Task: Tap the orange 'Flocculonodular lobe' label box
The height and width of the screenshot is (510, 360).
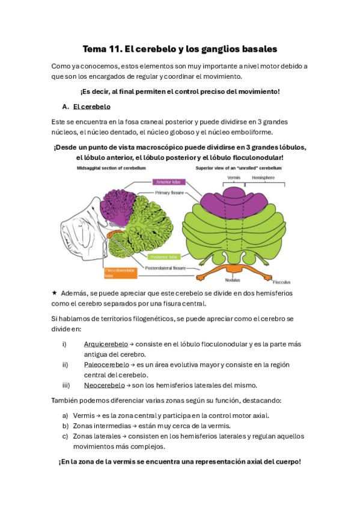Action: [120, 273]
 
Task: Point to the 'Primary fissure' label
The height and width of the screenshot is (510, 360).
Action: [171, 193]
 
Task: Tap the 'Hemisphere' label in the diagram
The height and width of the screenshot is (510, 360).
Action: [263, 178]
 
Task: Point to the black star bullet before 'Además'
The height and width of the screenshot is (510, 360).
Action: [55, 293]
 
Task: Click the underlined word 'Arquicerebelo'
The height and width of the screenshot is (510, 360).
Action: [106, 344]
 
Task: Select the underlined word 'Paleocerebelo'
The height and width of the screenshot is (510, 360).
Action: [106, 364]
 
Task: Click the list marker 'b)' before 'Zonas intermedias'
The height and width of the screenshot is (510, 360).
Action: [65, 426]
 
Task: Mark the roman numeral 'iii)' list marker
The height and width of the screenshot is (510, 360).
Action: [66, 385]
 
